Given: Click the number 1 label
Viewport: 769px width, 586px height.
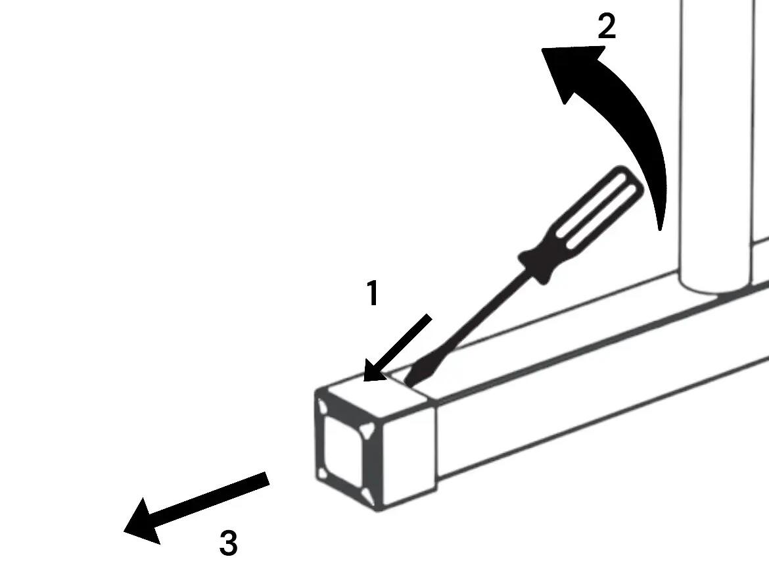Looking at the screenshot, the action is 373,293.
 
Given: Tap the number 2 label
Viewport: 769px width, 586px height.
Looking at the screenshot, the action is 607,26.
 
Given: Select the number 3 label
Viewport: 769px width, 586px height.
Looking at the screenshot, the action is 229,543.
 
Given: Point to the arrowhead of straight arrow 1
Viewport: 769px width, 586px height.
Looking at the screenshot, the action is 375,370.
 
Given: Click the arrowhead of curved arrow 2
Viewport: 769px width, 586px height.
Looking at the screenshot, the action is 569,68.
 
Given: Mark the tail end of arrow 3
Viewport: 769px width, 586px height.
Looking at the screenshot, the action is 268,479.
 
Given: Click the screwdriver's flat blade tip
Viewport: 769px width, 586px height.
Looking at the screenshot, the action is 407,380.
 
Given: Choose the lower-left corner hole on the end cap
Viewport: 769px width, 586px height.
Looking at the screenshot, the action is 323,474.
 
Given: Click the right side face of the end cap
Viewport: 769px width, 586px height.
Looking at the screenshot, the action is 409,454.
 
